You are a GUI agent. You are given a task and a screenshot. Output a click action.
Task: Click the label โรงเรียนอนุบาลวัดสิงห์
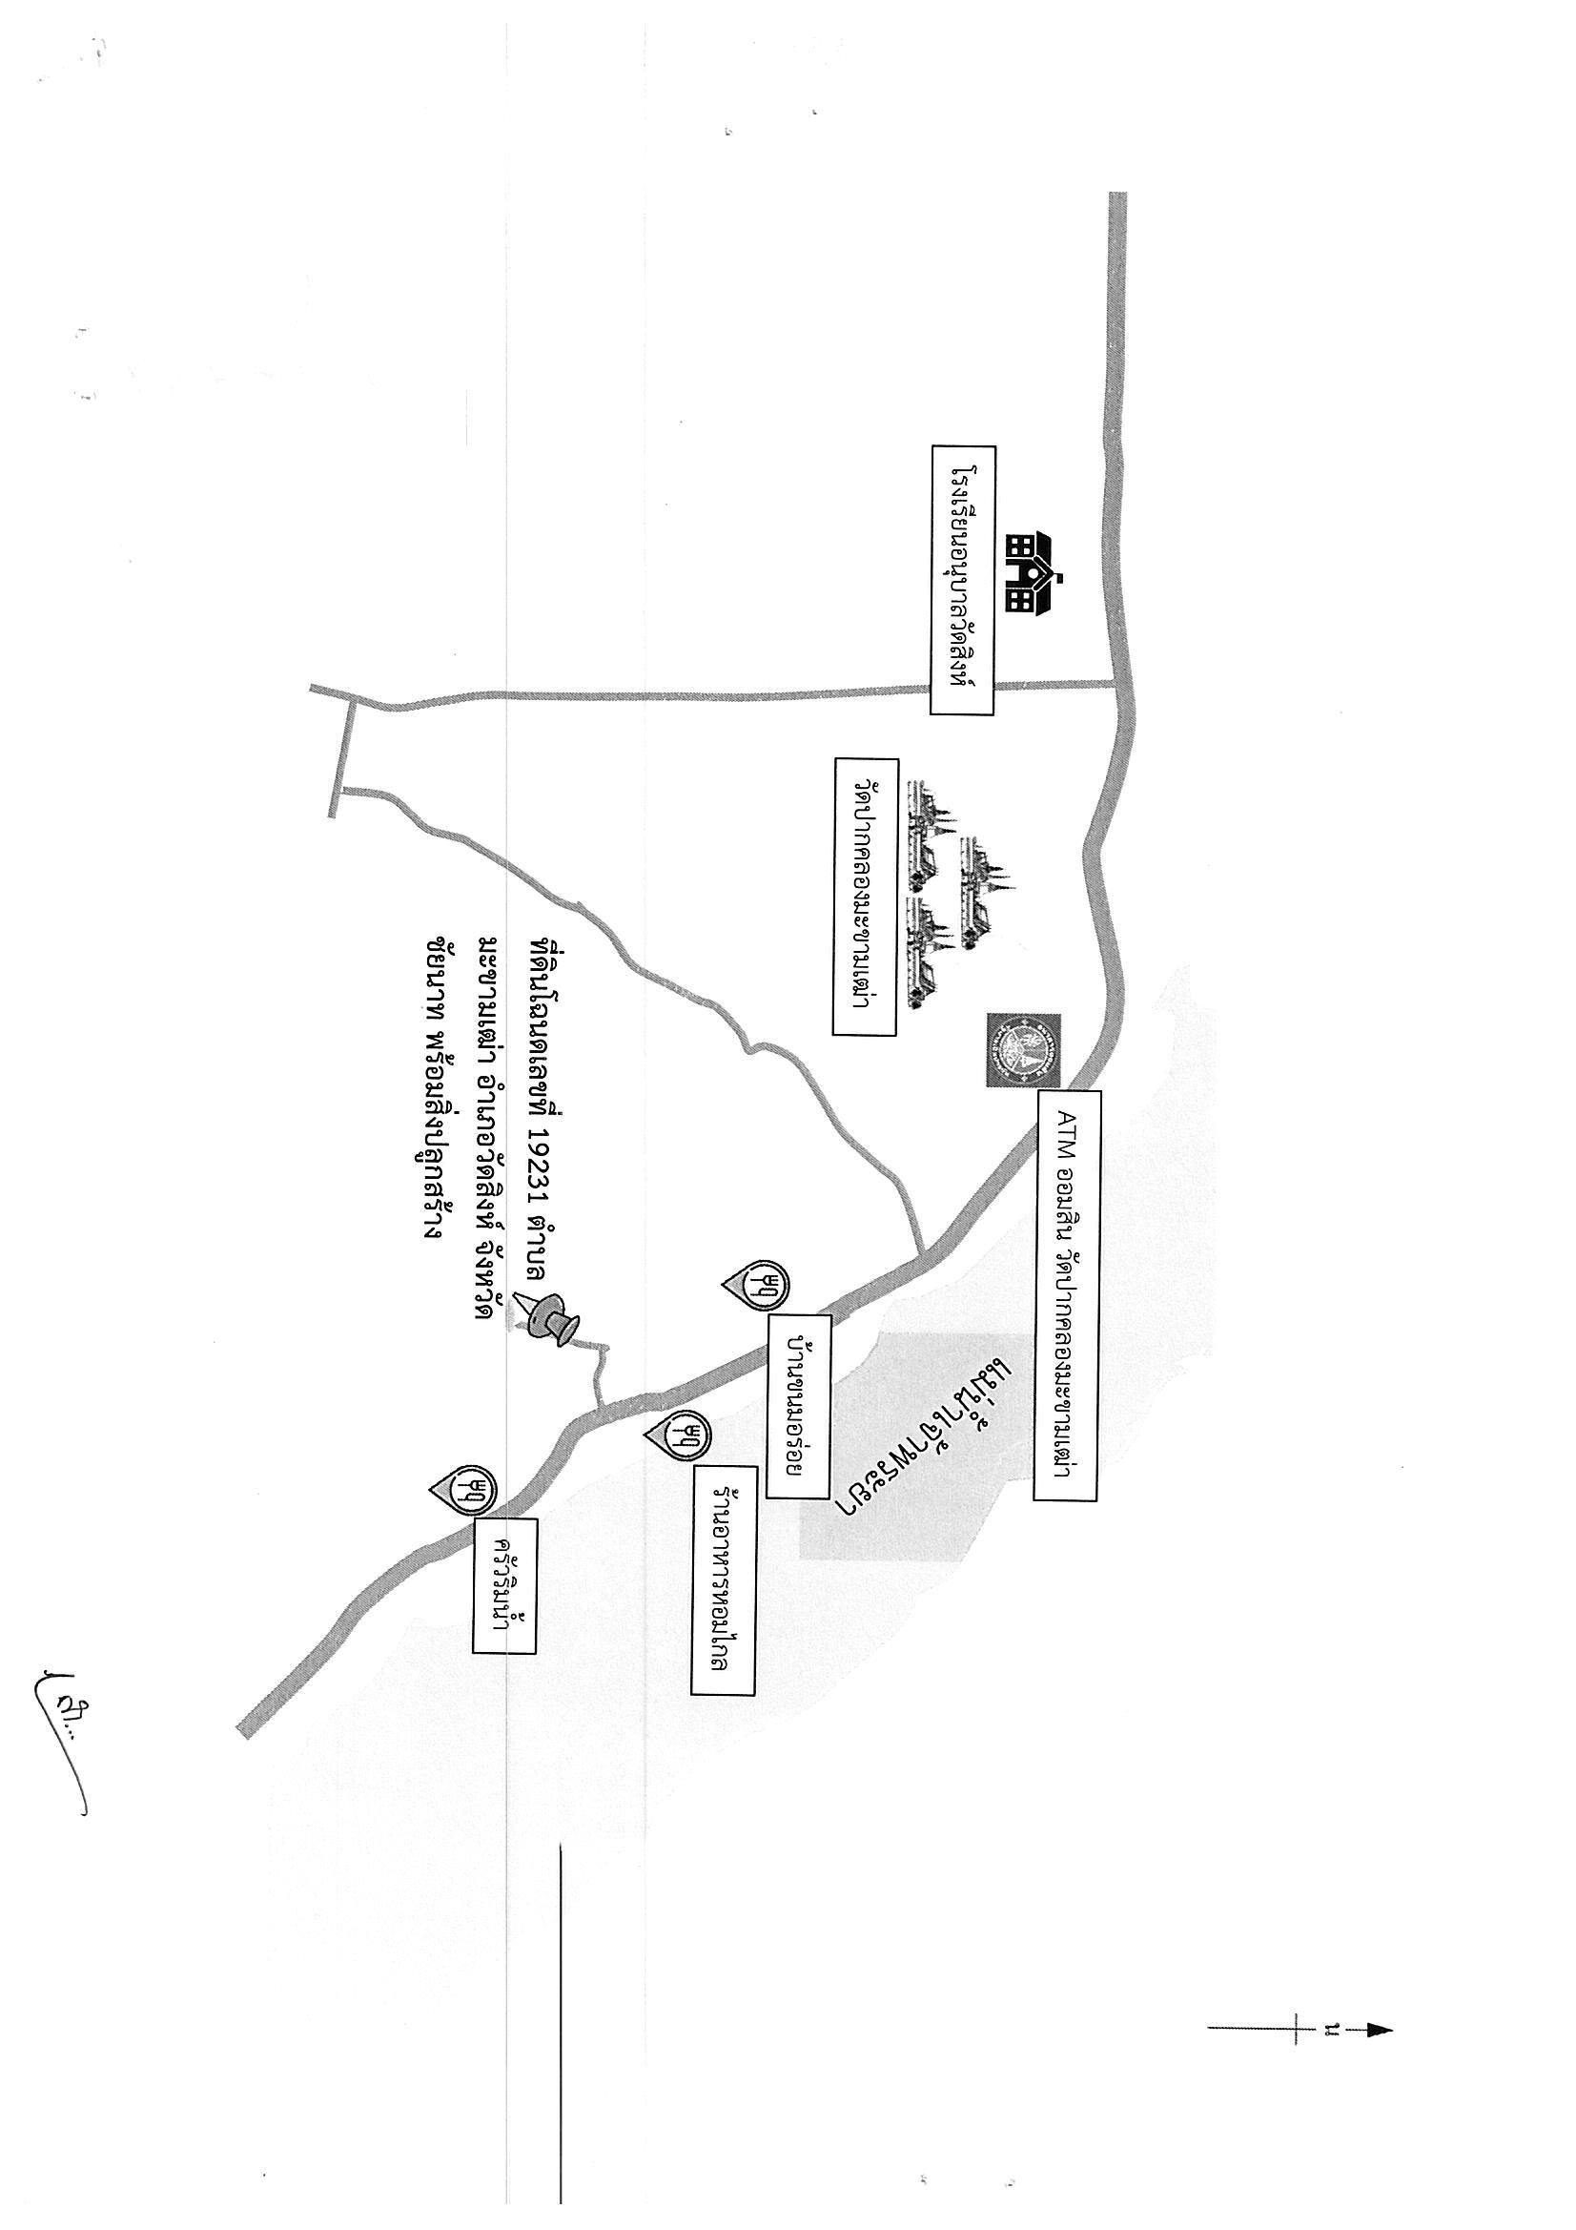962,581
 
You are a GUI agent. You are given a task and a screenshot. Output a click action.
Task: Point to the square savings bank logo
1023,1050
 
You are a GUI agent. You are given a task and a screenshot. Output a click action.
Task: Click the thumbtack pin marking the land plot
550,1319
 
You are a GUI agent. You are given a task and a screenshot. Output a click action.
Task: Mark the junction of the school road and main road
1116,684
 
